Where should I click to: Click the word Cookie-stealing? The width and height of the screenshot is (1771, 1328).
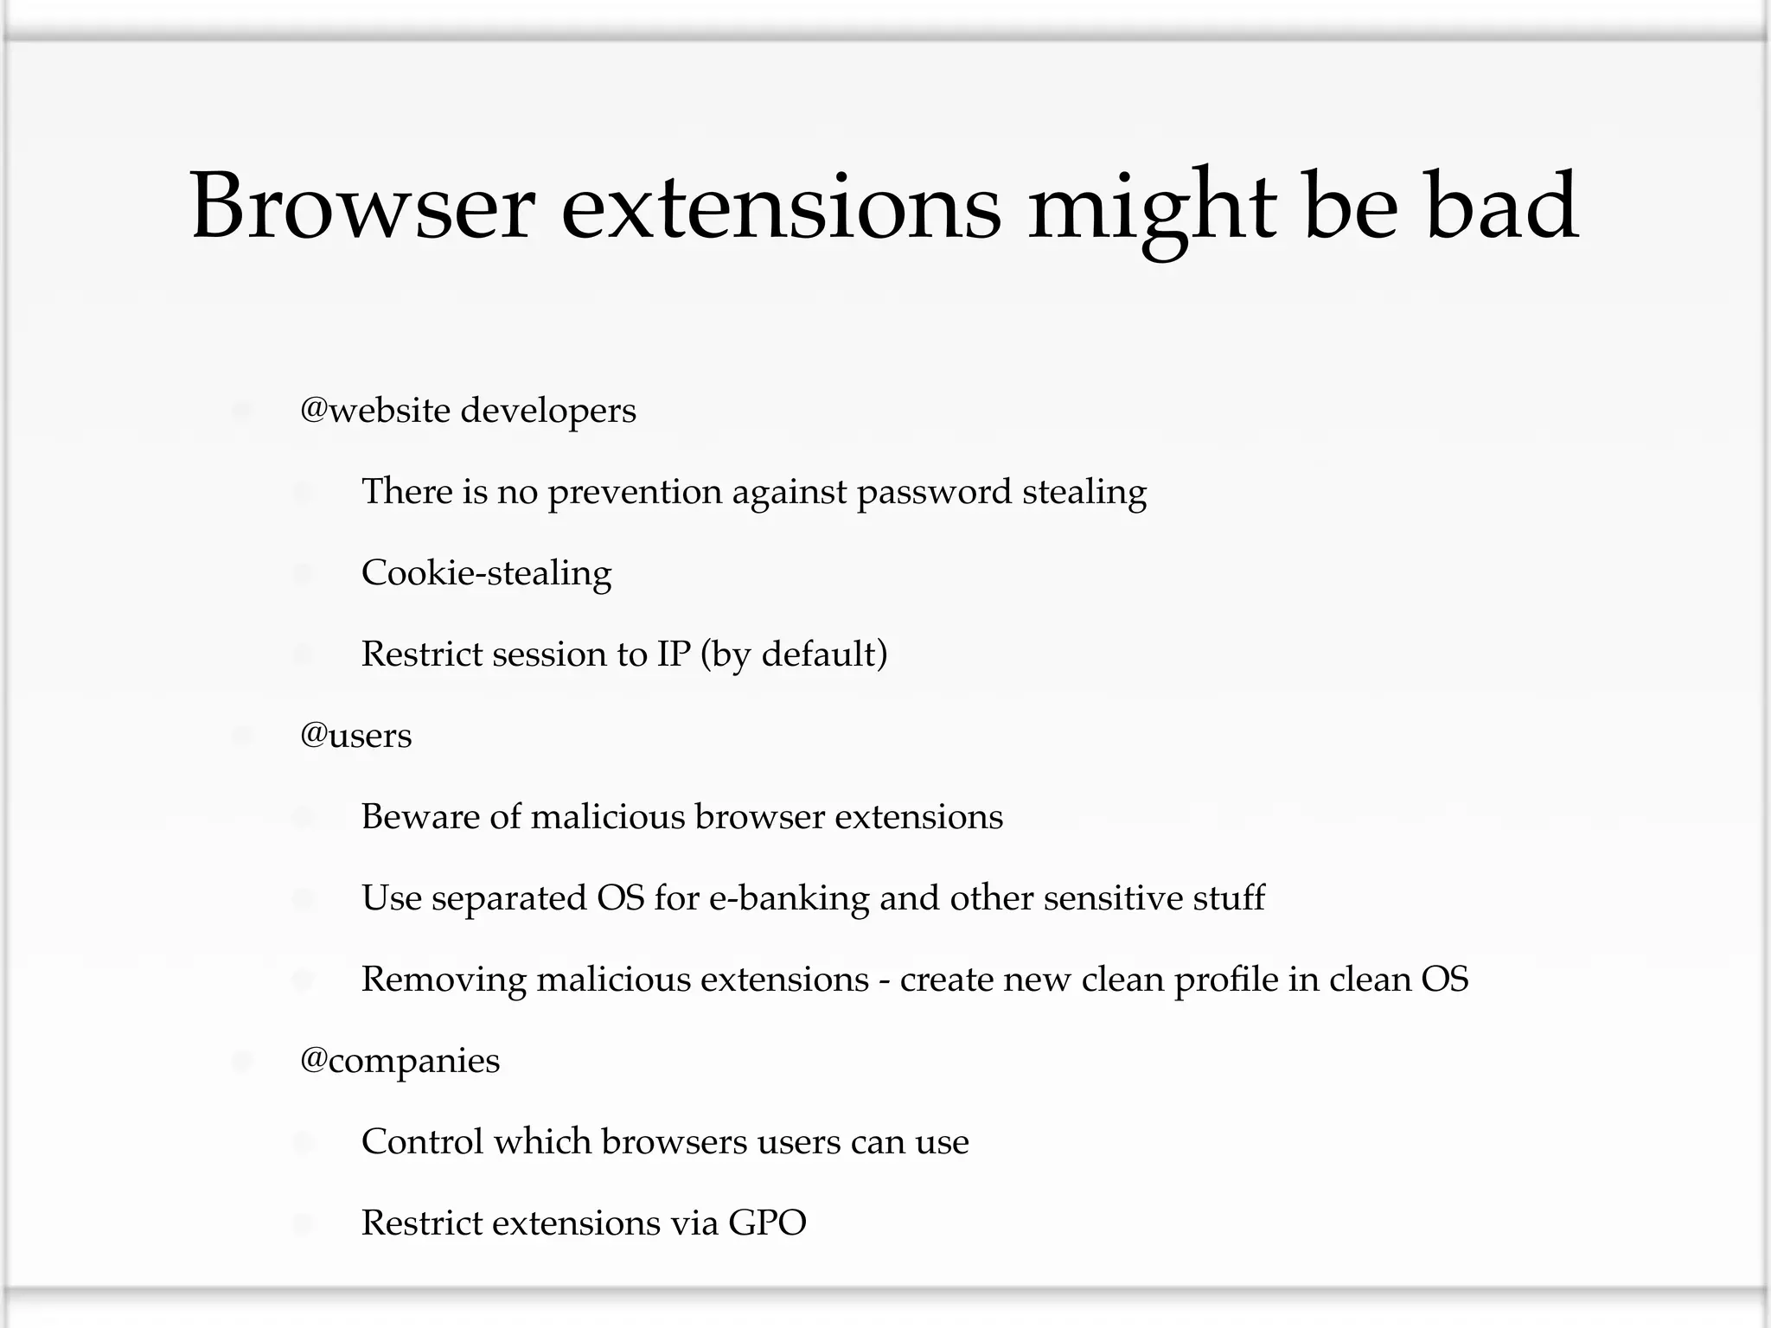pyautogui.click(x=486, y=573)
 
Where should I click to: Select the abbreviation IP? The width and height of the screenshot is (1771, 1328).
pyautogui.click(x=674, y=654)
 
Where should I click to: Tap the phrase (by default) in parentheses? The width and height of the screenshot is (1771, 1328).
pyautogui.click(x=794, y=654)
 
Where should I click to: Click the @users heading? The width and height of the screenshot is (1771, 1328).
pyautogui.click(x=355, y=736)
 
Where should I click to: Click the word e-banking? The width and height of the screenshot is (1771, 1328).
pyautogui.click(x=789, y=898)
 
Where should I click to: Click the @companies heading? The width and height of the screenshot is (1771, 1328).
pyautogui.click(x=400, y=1061)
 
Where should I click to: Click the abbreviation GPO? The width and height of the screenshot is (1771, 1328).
pyautogui.click(x=767, y=1223)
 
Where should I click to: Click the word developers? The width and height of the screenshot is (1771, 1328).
pyautogui.click(x=548, y=411)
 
